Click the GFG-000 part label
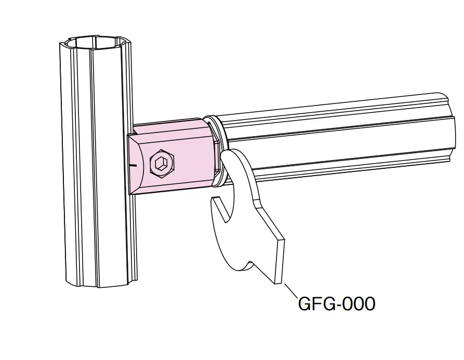point(337,303)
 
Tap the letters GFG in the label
point(315,303)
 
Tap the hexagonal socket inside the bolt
point(160,164)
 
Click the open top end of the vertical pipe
point(95,43)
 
